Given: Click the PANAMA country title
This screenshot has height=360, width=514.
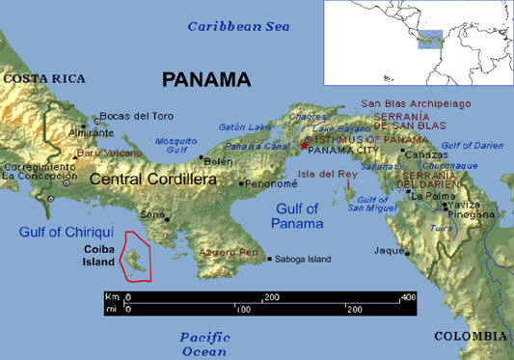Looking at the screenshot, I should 205,80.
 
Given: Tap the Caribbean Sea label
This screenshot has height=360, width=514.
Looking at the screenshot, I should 238,26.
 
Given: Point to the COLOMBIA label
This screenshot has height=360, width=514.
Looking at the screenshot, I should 471,335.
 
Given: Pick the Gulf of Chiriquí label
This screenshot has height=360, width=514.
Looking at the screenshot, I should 68,232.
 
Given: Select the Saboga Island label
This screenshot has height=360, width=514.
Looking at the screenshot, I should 303,259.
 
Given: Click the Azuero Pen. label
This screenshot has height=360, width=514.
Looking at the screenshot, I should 229,252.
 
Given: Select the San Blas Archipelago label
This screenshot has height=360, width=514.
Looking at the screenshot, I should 416,103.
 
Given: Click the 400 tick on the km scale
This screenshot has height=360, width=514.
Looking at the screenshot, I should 407,296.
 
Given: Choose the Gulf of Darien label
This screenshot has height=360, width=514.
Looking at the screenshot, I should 472,145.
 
